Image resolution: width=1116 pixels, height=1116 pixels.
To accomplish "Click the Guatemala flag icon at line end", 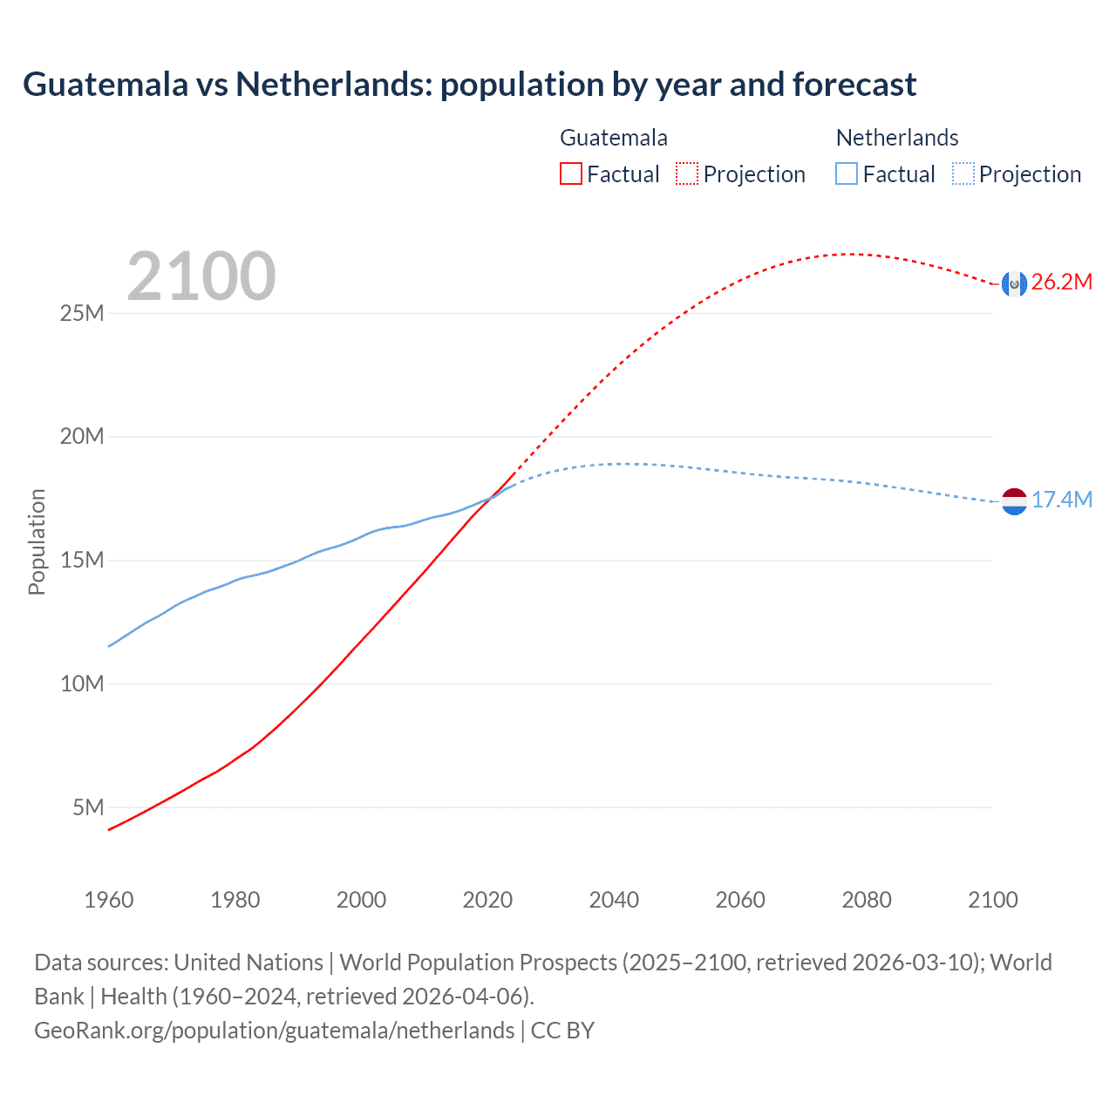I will click(x=1014, y=283).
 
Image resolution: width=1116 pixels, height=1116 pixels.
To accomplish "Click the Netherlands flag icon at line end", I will click(x=1014, y=501).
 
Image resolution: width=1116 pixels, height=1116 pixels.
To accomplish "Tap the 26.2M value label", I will click(x=1061, y=282).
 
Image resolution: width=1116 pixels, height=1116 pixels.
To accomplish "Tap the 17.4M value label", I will click(x=1061, y=500).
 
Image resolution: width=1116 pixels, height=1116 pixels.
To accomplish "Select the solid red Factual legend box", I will click(x=570, y=174).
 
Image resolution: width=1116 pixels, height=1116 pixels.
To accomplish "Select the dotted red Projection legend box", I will click(x=687, y=174).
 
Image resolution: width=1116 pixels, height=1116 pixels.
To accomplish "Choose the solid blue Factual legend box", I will click(x=847, y=174).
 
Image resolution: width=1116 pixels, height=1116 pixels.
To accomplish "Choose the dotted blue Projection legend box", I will click(x=963, y=174).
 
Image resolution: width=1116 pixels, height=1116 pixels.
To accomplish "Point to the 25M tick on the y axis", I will click(x=81, y=313).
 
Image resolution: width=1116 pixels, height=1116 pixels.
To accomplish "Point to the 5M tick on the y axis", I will click(x=88, y=807).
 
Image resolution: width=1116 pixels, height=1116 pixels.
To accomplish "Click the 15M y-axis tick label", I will click(x=81, y=560).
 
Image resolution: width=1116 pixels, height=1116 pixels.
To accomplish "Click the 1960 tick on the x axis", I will click(x=109, y=900).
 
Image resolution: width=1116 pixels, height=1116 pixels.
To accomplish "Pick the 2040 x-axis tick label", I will click(x=614, y=900).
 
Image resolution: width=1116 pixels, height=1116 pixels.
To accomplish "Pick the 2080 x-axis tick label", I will click(x=867, y=900).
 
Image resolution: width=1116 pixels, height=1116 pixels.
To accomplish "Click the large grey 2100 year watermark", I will click(x=201, y=276).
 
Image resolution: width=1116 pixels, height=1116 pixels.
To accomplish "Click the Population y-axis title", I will click(x=37, y=541).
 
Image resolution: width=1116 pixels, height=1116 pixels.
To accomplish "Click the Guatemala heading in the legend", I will click(x=614, y=138).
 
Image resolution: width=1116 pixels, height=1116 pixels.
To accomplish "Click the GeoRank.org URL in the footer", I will click(x=274, y=1030).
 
